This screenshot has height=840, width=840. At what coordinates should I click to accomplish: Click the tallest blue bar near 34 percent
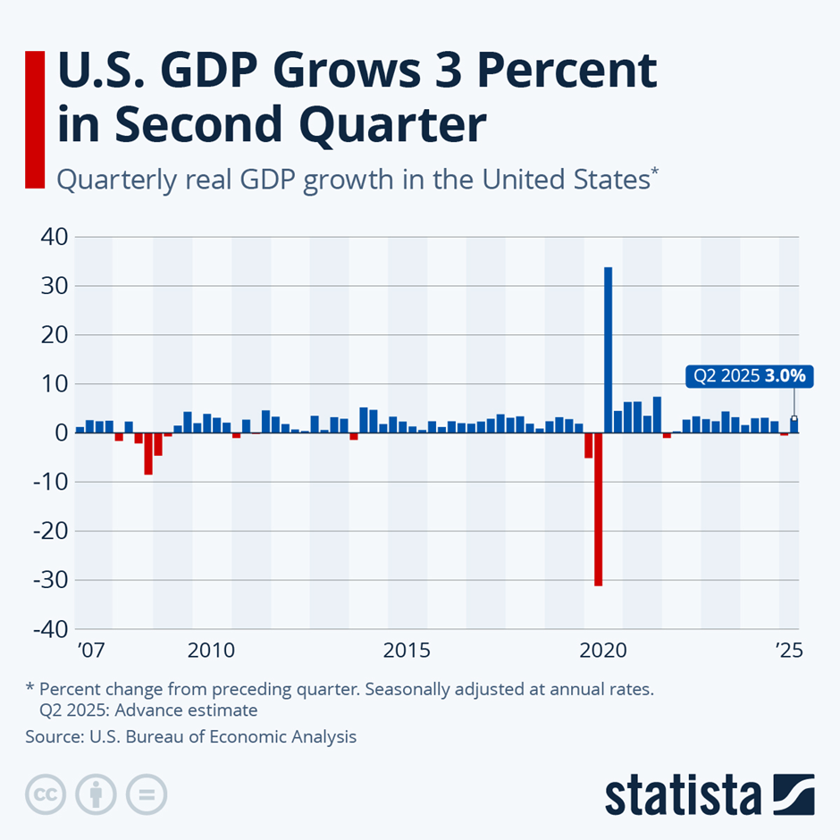point(609,349)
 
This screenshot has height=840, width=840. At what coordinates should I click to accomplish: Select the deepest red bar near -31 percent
point(598,509)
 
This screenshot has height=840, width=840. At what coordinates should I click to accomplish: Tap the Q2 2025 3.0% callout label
point(747,376)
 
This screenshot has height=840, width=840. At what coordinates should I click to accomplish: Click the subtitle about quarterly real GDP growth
point(357,179)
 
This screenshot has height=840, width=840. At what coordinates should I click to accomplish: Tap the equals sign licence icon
point(147,794)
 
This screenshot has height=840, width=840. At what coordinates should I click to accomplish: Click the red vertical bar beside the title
point(35,120)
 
